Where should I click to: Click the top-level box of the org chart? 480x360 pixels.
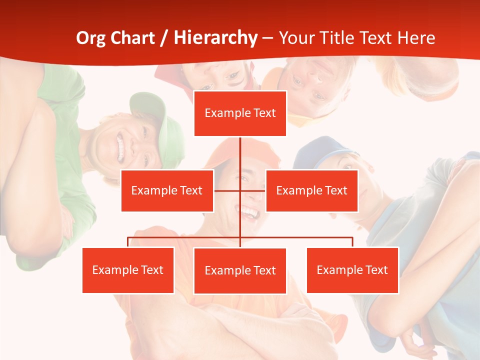pyautogui.click(x=240, y=113)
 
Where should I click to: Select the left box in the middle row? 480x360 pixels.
pyautogui.click(x=167, y=190)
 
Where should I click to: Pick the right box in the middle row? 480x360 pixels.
pyautogui.click(x=311, y=190)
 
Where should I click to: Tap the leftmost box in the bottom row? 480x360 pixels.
pyautogui.click(x=128, y=270)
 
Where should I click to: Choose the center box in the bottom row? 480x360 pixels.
pyautogui.click(x=240, y=270)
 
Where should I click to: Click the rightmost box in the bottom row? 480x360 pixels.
pyautogui.click(x=352, y=270)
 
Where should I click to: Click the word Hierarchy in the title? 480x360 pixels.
pyautogui.click(x=215, y=38)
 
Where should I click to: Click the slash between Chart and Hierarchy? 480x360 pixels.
pyautogui.click(x=164, y=38)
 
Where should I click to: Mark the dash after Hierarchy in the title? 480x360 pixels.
pyautogui.click(x=267, y=39)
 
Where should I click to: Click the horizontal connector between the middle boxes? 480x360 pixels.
pyautogui.click(x=227, y=190)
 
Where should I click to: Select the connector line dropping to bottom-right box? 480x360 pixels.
pyautogui.click(x=352, y=242)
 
